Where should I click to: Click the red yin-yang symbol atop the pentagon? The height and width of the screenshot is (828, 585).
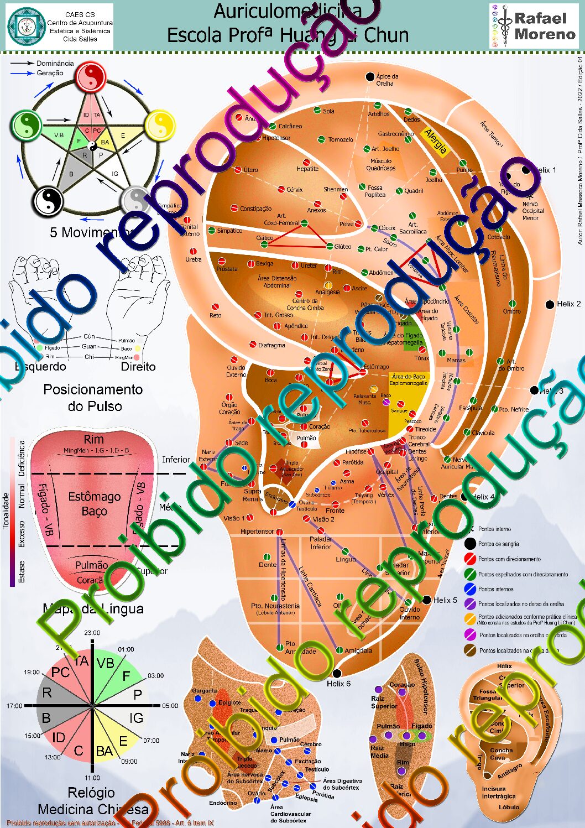91,77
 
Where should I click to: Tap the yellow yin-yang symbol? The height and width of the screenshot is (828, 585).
160,125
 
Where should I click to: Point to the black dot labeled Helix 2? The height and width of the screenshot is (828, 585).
550,304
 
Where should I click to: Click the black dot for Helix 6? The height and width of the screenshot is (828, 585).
337,673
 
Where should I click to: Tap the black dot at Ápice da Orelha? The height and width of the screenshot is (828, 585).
370,76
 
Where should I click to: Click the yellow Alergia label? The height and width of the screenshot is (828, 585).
436,141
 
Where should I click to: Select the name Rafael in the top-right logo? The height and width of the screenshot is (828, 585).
540,18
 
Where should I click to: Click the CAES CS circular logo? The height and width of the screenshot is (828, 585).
26,26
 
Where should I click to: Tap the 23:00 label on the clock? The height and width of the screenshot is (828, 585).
92,633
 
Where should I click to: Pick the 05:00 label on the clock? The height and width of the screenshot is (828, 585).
170,706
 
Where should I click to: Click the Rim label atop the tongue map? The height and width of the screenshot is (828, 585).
94,439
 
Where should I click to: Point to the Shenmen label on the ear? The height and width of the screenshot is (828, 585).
336,189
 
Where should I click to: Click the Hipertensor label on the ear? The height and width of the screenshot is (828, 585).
257,532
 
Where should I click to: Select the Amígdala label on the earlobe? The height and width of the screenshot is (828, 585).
358,650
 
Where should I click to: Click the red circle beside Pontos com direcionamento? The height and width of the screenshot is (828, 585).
470,559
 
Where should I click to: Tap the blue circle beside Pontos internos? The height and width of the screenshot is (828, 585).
470,589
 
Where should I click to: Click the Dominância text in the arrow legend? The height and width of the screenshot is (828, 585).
55,64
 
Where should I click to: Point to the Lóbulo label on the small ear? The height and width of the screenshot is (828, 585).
509,807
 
